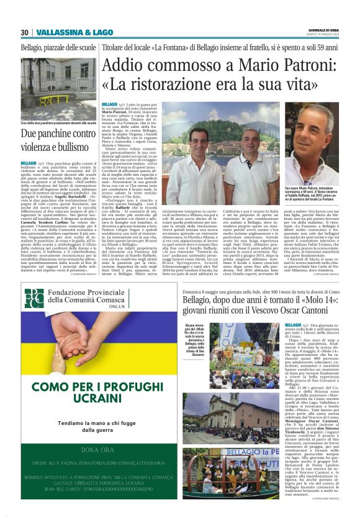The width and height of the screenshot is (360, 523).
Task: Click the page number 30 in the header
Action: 25,32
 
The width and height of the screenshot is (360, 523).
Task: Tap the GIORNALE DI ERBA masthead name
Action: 328,29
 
